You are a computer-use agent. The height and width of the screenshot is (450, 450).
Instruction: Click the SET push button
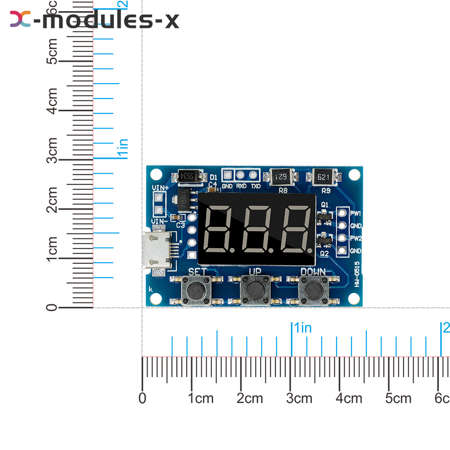(194, 291)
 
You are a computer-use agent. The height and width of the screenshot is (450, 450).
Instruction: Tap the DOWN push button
(313, 291)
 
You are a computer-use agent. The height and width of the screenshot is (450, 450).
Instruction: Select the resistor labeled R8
(281, 177)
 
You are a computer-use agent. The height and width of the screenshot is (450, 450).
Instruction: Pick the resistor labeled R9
(325, 177)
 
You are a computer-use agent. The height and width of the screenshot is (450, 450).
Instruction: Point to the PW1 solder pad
(342, 213)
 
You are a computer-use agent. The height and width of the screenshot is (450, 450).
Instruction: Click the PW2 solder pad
(342, 238)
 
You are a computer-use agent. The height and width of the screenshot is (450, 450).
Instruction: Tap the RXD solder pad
(241, 175)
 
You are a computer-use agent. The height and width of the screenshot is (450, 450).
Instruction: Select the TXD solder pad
(254, 175)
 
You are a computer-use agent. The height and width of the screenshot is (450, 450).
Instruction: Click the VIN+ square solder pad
(158, 198)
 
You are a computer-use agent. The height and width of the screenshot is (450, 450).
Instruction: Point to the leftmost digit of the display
(219, 230)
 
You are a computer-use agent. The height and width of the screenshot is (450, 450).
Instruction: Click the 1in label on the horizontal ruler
(303, 328)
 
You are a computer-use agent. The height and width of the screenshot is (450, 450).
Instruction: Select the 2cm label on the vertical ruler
(53, 208)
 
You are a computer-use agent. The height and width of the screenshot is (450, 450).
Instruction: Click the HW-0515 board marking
(357, 275)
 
